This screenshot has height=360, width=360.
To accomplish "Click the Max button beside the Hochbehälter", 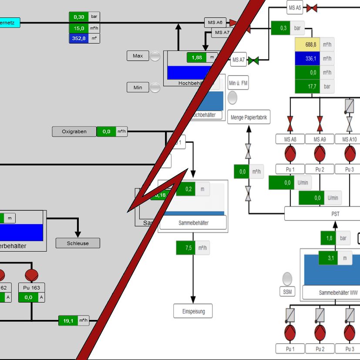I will (x=138, y=56).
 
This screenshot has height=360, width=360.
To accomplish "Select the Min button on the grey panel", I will (x=138, y=87).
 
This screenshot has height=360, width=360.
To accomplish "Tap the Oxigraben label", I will (x=74, y=131).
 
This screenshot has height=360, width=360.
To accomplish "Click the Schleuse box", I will (x=78, y=243).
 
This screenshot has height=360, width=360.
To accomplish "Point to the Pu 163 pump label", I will (x=31, y=287).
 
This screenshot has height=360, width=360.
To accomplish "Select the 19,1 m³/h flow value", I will (x=68, y=321).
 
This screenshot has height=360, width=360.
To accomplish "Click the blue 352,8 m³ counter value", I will (x=79, y=38).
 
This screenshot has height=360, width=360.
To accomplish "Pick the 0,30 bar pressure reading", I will (x=79, y=17).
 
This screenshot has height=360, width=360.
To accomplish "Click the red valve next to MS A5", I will (x=312, y=8).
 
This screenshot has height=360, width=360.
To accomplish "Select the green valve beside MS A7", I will (x=253, y=60).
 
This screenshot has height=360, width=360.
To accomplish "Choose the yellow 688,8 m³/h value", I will (x=310, y=45).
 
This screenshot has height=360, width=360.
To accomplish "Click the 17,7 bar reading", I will (x=310, y=87).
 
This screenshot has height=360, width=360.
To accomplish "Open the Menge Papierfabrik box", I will (x=249, y=117).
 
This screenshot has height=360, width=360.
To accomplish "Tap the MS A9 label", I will (x=320, y=139).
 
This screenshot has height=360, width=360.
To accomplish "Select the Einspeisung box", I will (x=193, y=311).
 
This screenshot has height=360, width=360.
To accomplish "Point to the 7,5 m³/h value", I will (x=188, y=248).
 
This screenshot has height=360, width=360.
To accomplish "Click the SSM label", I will (x=287, y=291).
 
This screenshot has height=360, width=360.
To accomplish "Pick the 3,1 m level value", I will (x=330, y=258).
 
